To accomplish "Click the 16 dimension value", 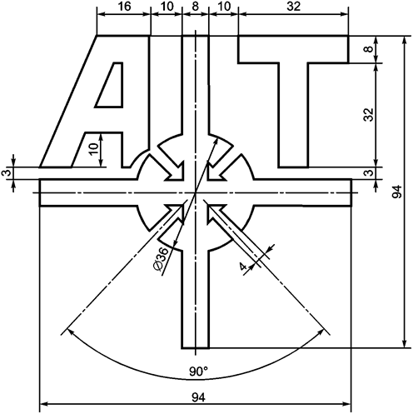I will click(123, 7).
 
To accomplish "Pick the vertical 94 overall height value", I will click(398, 193).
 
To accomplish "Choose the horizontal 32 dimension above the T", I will click(293, 7).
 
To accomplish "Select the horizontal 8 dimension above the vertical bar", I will click(195, 7).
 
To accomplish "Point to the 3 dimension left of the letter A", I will click(7, 172).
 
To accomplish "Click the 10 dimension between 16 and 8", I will click(166, 7).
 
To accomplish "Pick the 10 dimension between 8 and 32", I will click(223, 7).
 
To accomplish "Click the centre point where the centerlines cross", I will click(195, 192).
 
